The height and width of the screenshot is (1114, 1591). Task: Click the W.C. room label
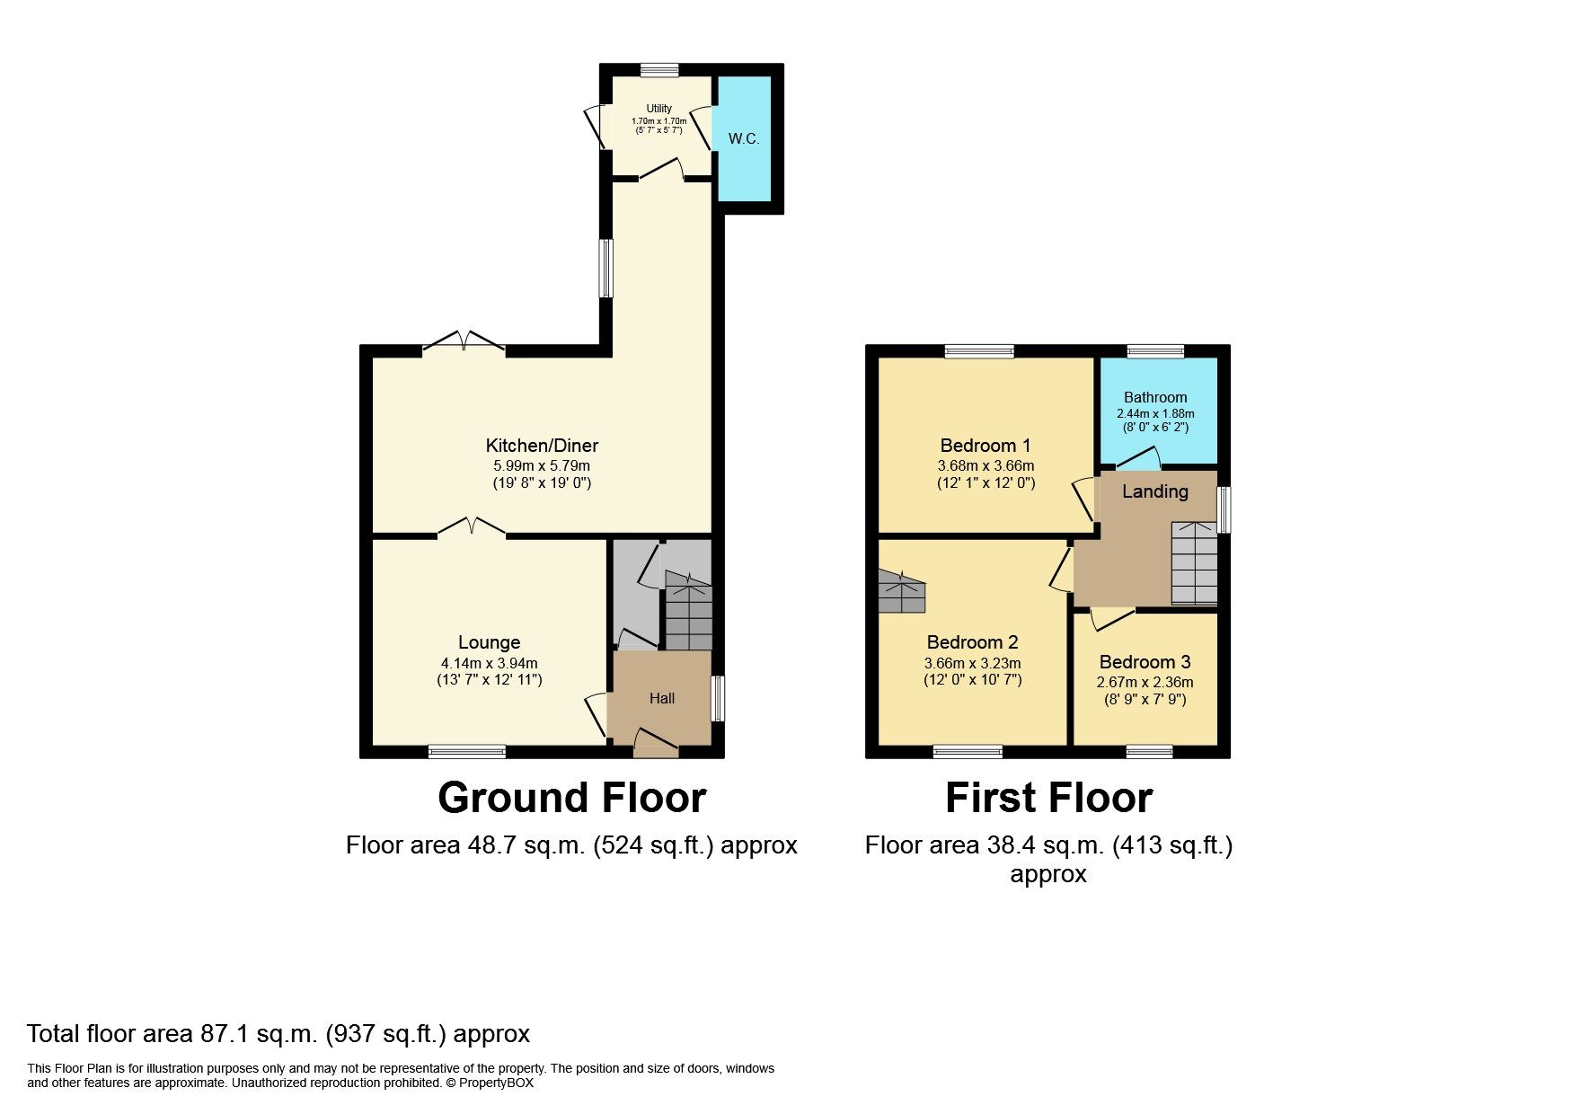point(743,138)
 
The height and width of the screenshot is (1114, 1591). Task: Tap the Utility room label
point(658,109)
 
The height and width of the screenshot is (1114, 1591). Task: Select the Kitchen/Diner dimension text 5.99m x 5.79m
point(542,465)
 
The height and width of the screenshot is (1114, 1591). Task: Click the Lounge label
point(489,642)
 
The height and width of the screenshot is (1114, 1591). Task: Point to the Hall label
point(662,698)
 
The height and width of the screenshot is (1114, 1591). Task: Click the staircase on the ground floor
point(688,615)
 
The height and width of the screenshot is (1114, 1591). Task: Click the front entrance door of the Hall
point(656,741)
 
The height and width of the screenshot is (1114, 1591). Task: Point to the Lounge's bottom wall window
point(466,751)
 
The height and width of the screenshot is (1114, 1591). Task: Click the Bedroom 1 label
point(985,446)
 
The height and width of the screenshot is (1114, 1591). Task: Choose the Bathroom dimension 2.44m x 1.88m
point(1155,413)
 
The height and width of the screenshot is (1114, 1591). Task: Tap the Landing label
point(1154,491)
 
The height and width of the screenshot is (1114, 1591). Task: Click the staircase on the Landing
point(1194,563)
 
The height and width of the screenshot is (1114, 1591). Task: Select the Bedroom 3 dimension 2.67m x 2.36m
point(1145,682)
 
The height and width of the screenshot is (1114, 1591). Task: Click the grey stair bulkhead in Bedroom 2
point(901,593)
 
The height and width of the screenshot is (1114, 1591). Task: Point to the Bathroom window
point(1155,351)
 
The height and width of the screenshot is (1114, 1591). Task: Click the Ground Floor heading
point(571,798)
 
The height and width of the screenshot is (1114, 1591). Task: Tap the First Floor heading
point(1048,798)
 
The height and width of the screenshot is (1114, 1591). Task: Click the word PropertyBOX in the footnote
point(496,1083)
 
